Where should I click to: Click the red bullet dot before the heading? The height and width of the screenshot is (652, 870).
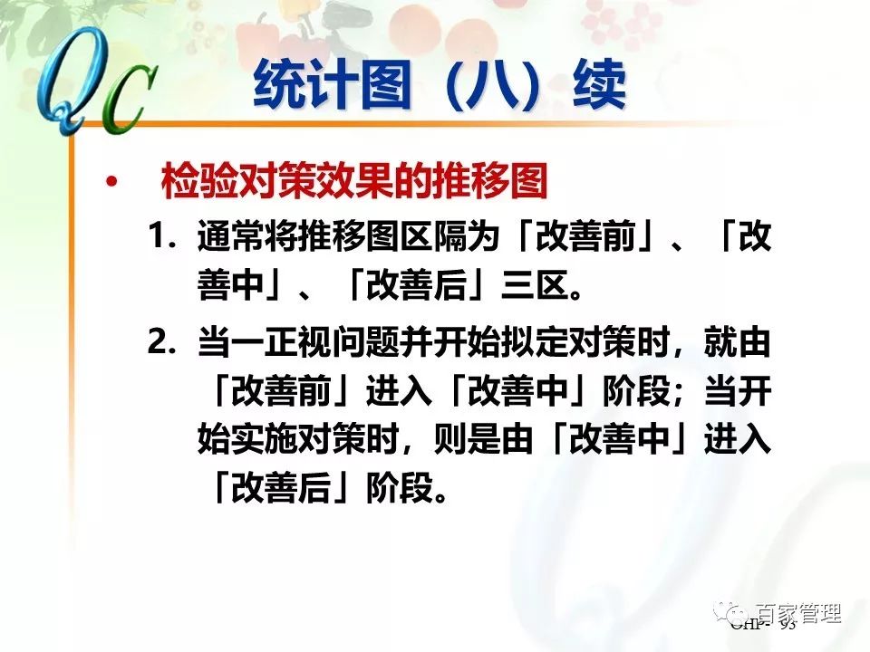[x=111, y=184]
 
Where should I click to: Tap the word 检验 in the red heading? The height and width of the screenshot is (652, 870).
[x=194, y=184]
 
